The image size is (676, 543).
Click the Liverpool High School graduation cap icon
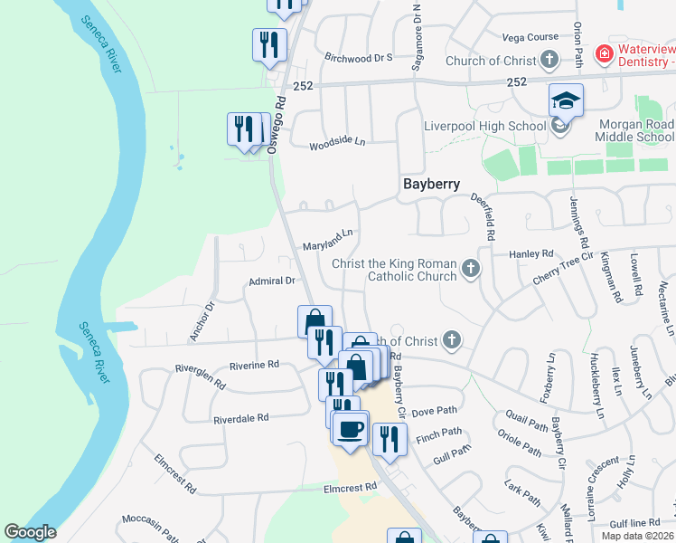tap(566, 99)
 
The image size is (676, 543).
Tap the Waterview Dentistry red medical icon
tap(604, 55)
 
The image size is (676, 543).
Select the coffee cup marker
tap(350, 428)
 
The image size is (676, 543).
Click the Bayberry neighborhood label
tap(431, 184)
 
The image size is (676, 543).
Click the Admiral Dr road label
tap(272, 281)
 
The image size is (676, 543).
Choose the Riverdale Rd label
tap(241, 419)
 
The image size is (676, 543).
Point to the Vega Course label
tap(530, 37)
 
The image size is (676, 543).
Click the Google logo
tap(30, 532)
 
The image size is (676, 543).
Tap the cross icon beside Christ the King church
tap(470, 268)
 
